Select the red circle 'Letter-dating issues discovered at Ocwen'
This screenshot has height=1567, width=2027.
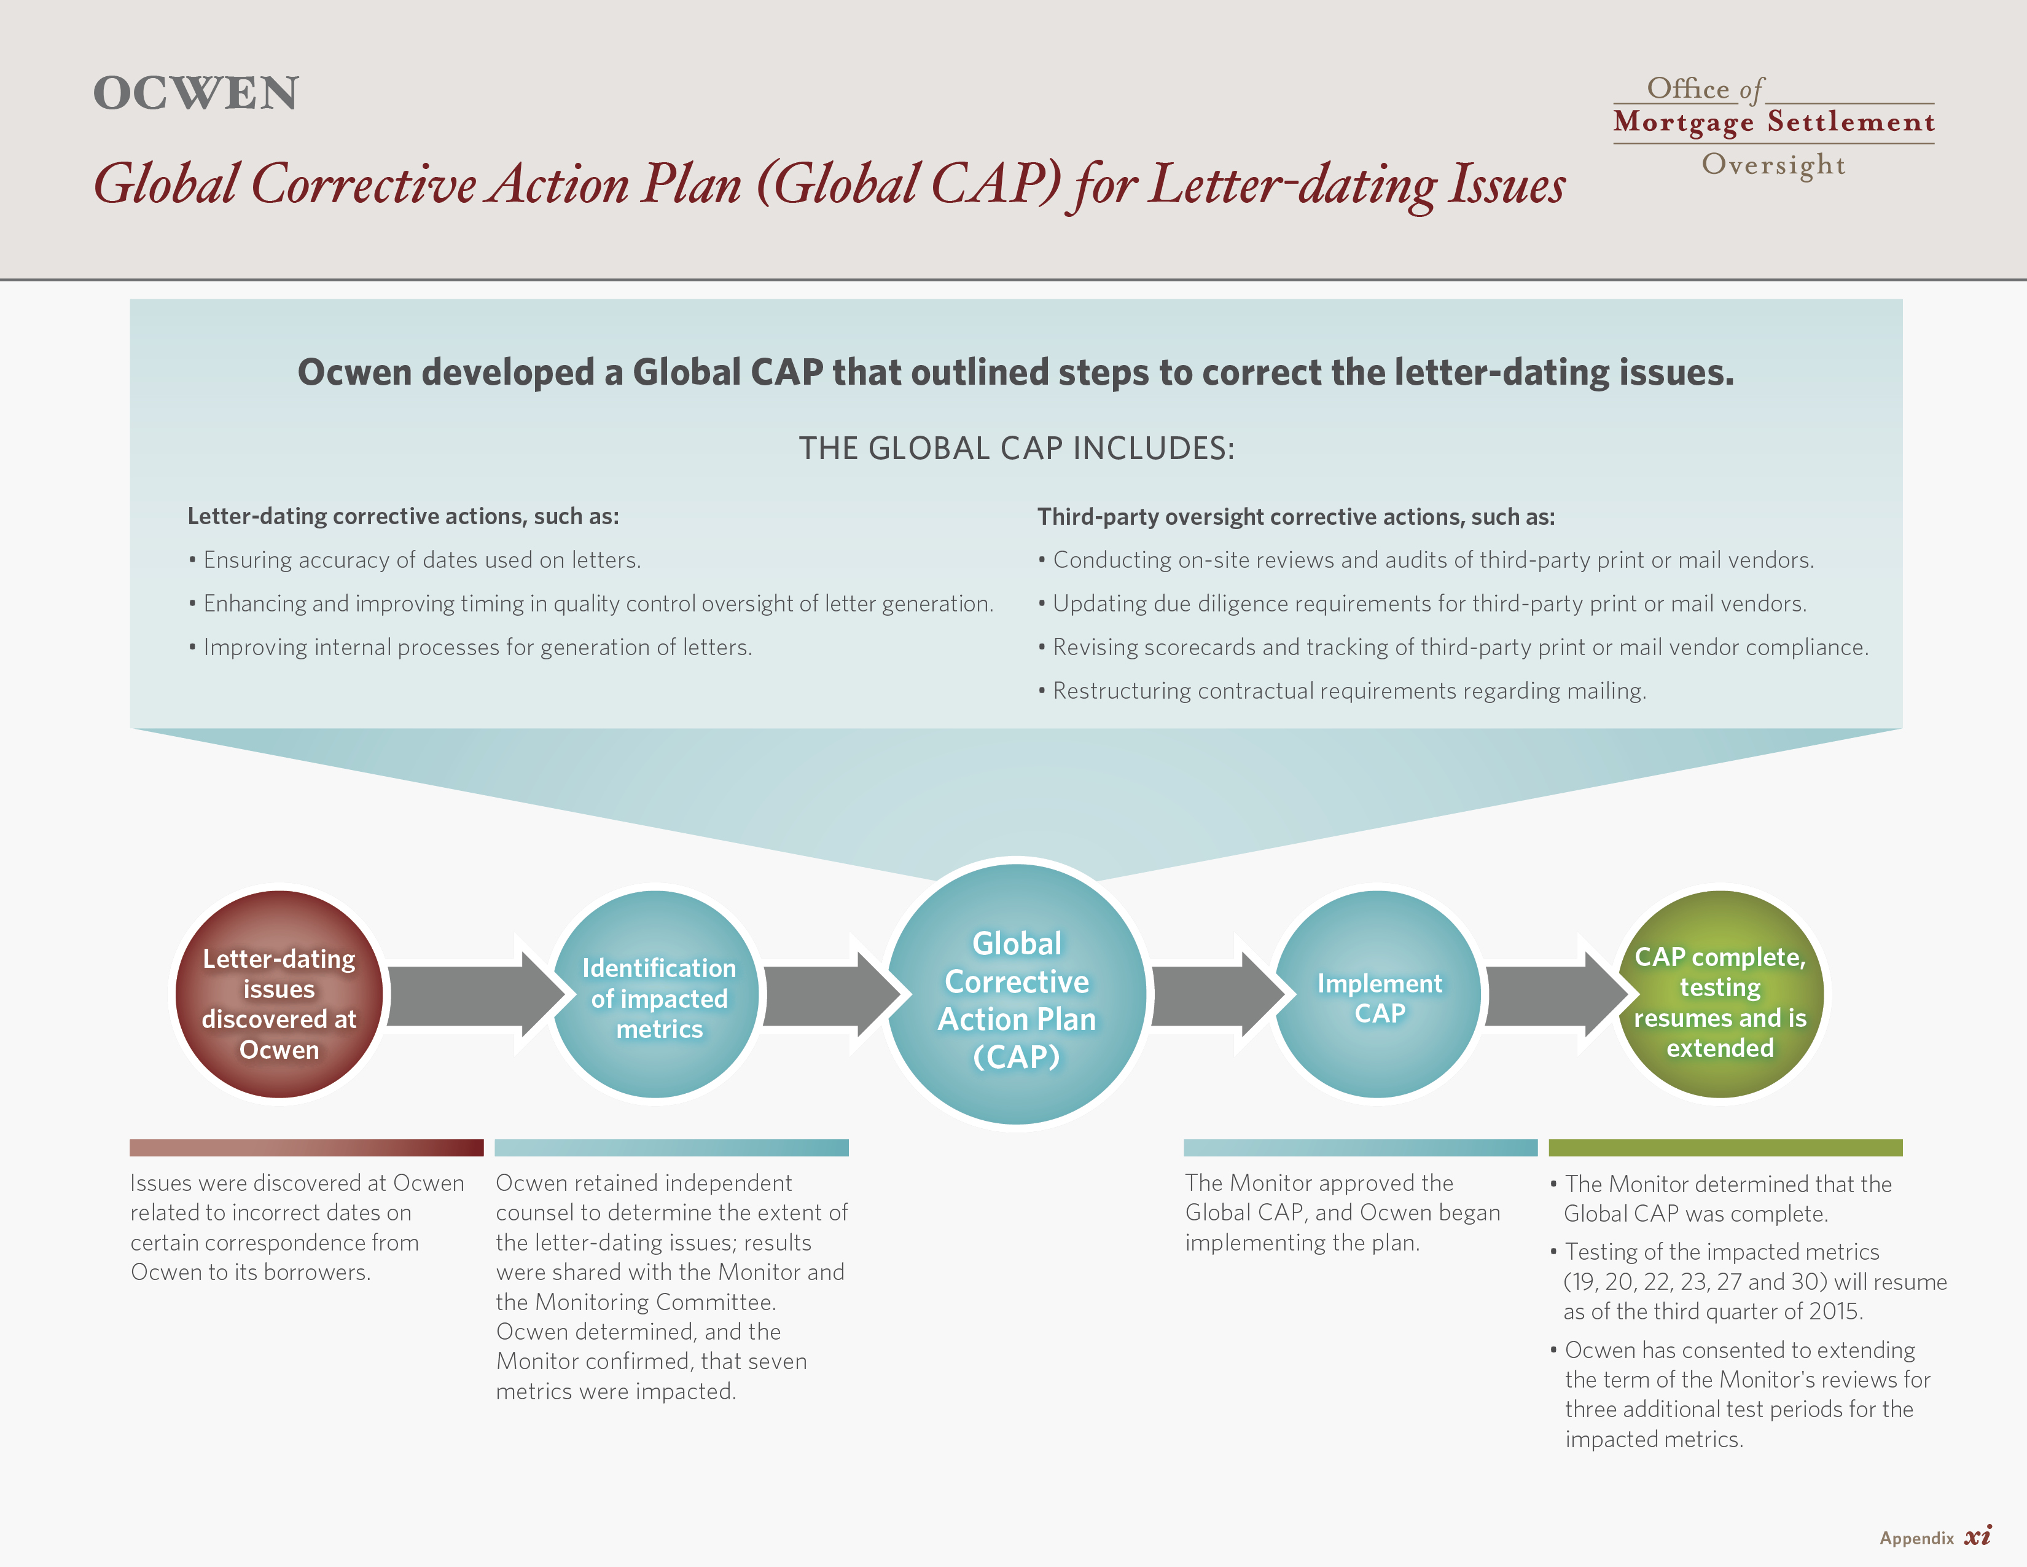click(x=279, y=994)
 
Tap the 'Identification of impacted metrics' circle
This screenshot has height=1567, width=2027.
click(x=658, y=994)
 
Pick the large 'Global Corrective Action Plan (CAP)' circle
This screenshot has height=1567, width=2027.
click(x=1017, y=994)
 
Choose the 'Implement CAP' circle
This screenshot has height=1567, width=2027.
click(x=1378, y=994)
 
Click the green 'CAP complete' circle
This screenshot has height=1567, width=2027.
click(x=1720, y=994)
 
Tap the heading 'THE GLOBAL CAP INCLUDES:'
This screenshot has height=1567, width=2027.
click(x=1017, y=449)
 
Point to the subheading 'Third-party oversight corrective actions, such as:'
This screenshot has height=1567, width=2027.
click(x=1295, y=516)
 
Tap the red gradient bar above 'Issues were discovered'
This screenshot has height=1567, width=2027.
click(x=307, y=1147)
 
